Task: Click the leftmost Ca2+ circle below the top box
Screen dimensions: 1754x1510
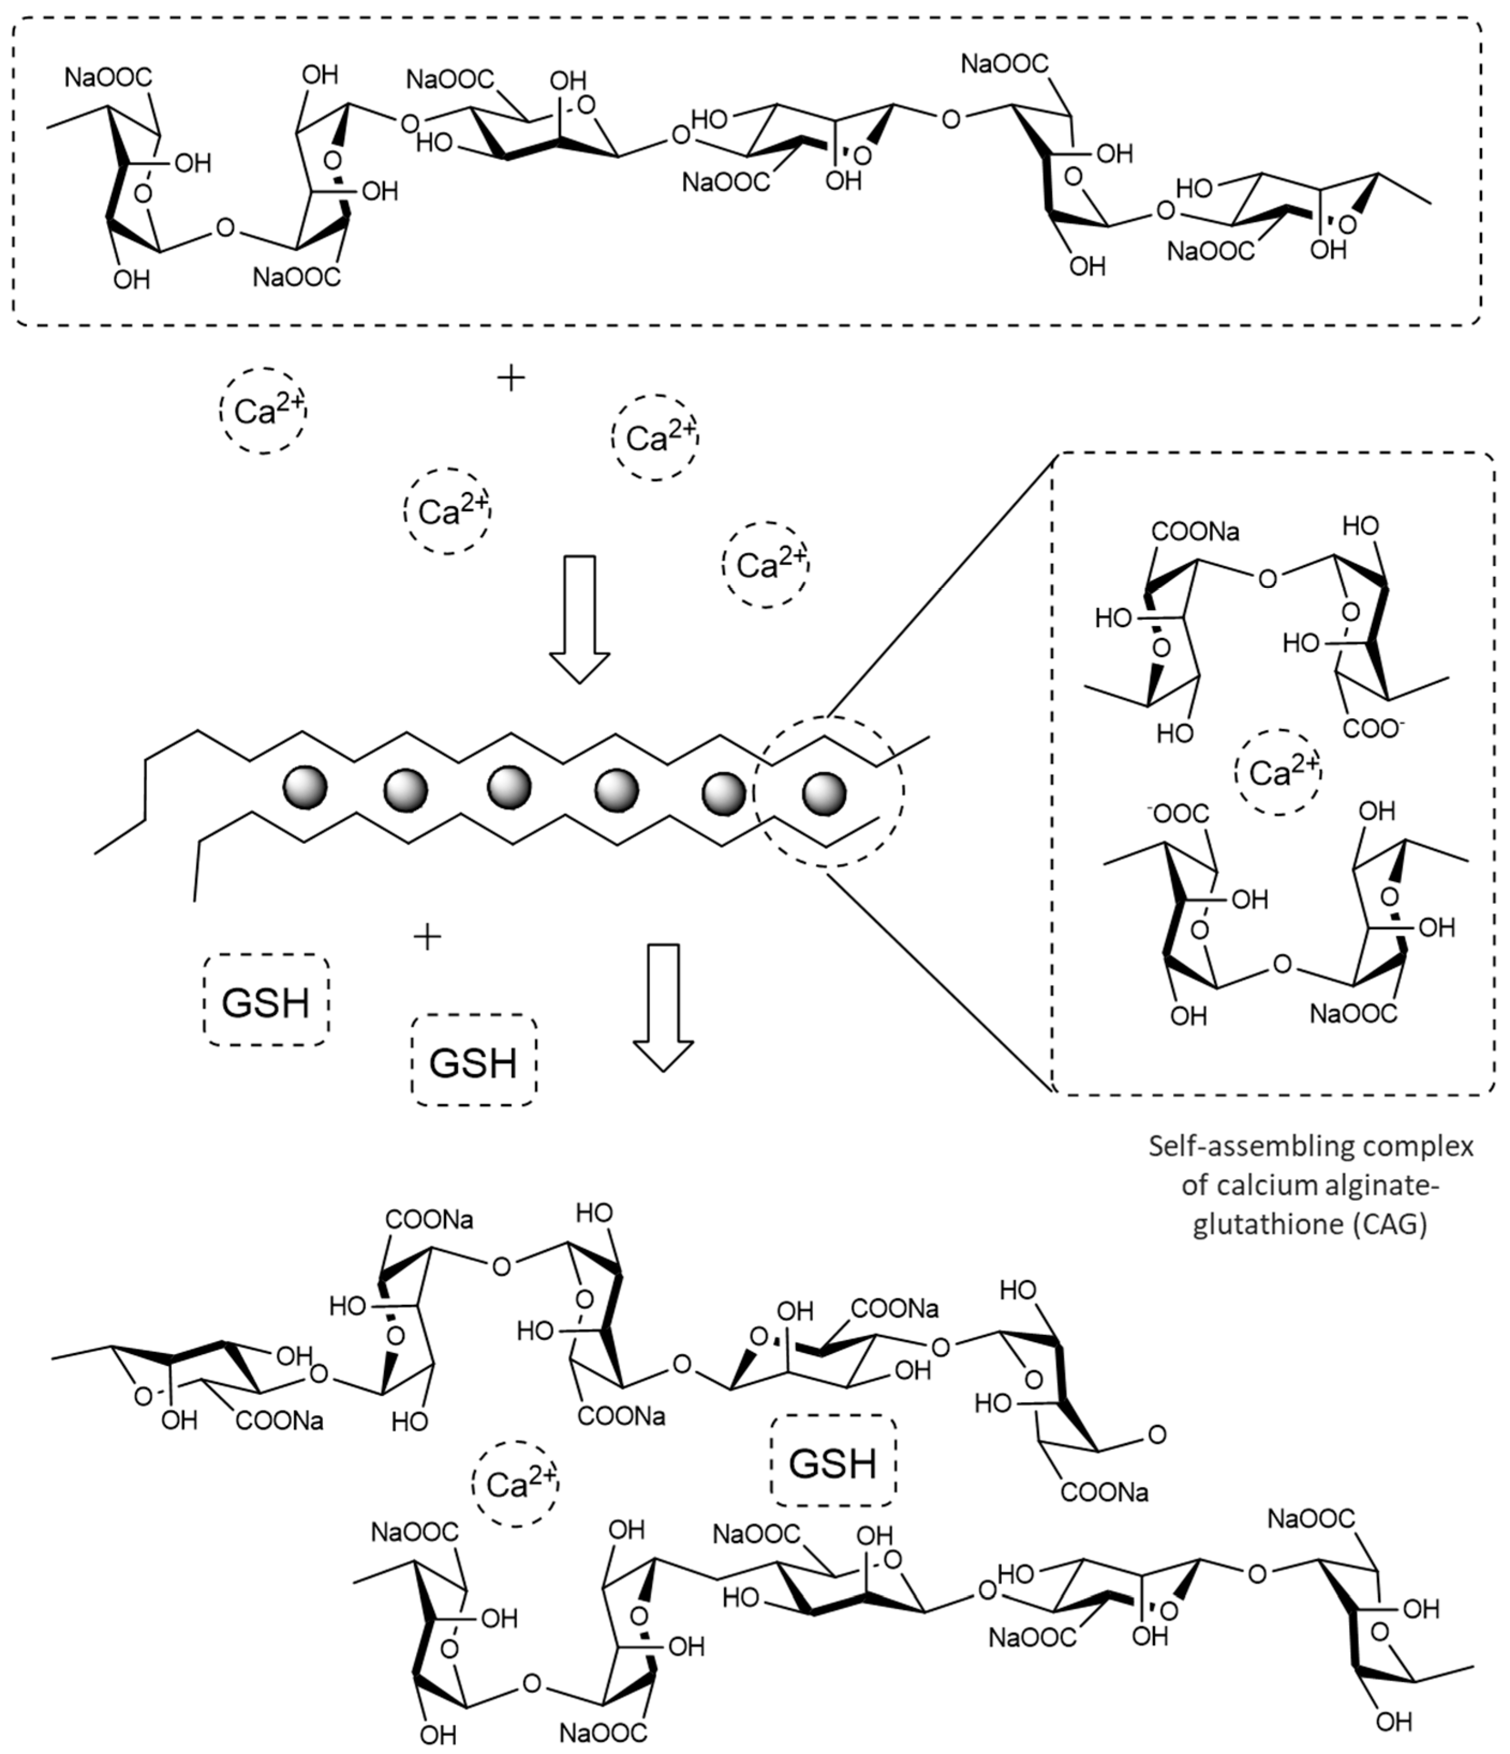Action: pyautogui.click(x=263, y=411)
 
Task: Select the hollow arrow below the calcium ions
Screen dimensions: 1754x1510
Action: pyautogui.click(x=580, y=618)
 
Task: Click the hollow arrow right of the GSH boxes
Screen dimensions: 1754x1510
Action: pyautogui.click(x=664, y=1007)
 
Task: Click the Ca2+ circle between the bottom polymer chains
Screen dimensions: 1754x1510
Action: pyautogui.click(x=515, y=1484)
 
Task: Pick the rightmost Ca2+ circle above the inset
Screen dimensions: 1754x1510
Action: pyautogui.click(x=765, y=564)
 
